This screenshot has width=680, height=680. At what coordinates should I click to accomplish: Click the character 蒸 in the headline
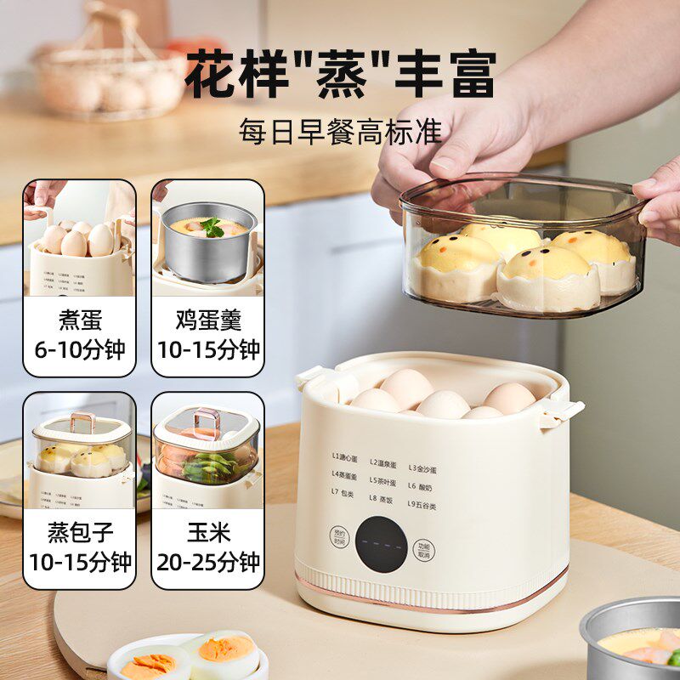[x=340, y=74]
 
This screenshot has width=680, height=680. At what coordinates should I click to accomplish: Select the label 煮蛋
[x=79, y=320]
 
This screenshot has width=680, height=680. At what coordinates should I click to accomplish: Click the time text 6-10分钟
[x=79, y=349]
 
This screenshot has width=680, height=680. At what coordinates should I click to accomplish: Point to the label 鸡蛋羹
[x=207, y=320]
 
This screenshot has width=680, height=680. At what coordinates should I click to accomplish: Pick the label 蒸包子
[x=79, y=533]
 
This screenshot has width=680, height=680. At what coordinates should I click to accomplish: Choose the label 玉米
[x=207, y=533]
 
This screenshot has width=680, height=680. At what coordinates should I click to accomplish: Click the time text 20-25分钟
[x=207, y=562]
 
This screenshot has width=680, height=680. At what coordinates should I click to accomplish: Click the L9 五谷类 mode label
[x=426, y=504]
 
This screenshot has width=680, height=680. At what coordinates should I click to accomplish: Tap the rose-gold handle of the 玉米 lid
[x=204, y=419]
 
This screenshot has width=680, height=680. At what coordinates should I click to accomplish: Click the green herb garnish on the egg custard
[x=212, y=226]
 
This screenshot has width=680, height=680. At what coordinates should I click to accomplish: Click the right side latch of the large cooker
[x=564, y=409]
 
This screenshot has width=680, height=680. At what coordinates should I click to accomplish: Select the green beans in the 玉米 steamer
[x=208, y=466]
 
